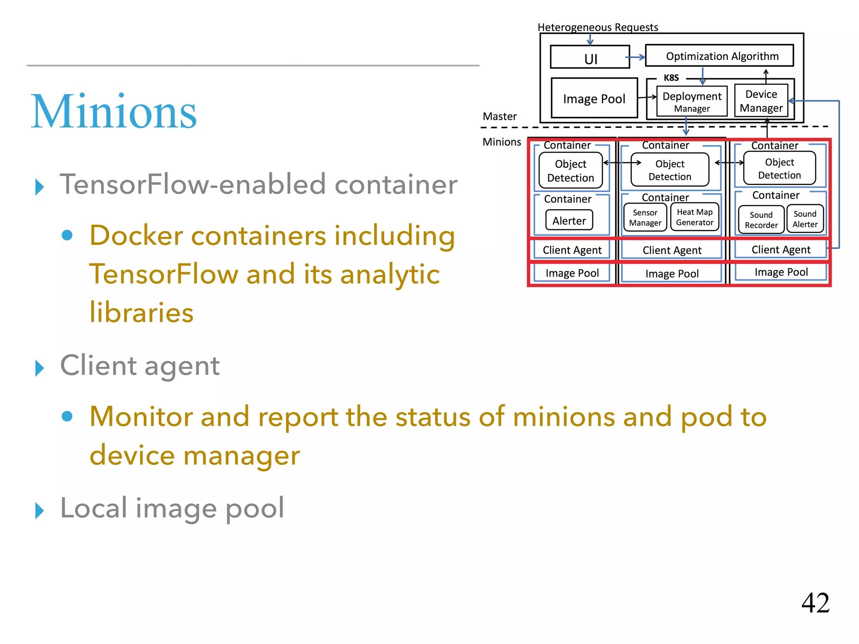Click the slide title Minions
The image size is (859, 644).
click(x=114, y=112)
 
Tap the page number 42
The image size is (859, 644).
click(x=815, y=603)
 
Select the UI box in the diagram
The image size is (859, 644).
click(x=590, y=57)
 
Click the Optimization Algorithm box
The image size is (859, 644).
click(x=719, y=56)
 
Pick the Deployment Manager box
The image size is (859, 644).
click(x=692, y=101)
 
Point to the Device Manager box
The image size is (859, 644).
click(x=761, y=101)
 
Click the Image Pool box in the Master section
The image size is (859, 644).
click(x=594, y=99)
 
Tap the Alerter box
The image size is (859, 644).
click(x=569, y=221)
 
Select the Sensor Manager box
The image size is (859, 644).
click(x=645, y=218)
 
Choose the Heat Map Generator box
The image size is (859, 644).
click(x=695, y=217)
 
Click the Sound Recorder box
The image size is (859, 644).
click(x=761, y=220)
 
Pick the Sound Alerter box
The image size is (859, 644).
click(x=805, y=219)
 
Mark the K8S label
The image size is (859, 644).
click(x=671, y=78)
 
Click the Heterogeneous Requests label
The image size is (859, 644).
click(x=597, y=27)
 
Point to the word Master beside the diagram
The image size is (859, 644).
click(x=499, y=116)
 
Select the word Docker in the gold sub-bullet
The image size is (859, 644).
click(x=136, y=235)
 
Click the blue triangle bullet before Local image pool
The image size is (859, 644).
click(x=39, y=510)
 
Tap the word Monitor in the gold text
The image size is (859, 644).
click(x=141, y=417)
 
